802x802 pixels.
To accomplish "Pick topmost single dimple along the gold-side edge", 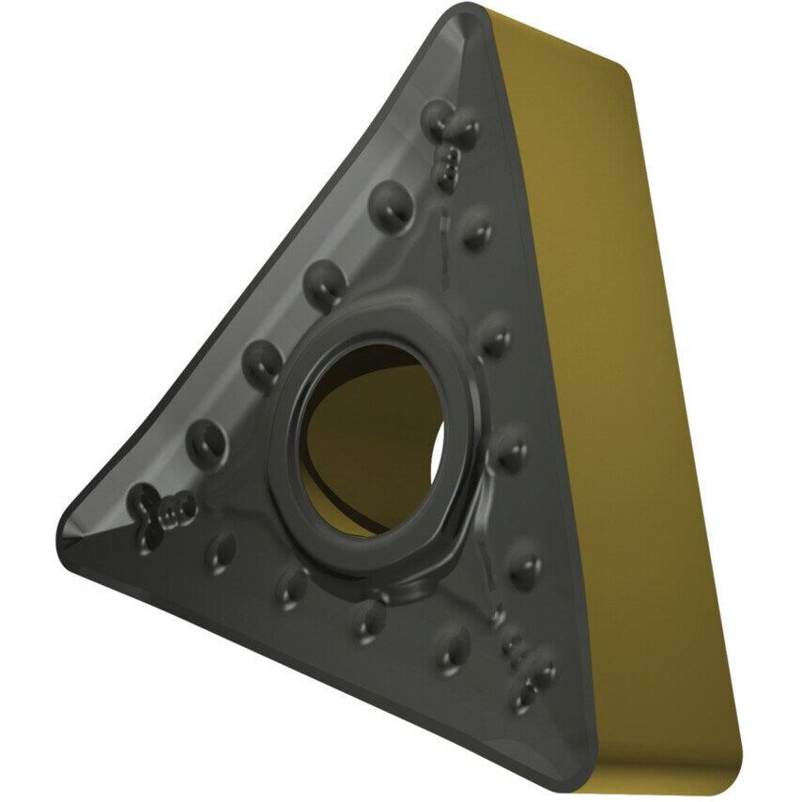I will pyautogui.click(x=476, y=229).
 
